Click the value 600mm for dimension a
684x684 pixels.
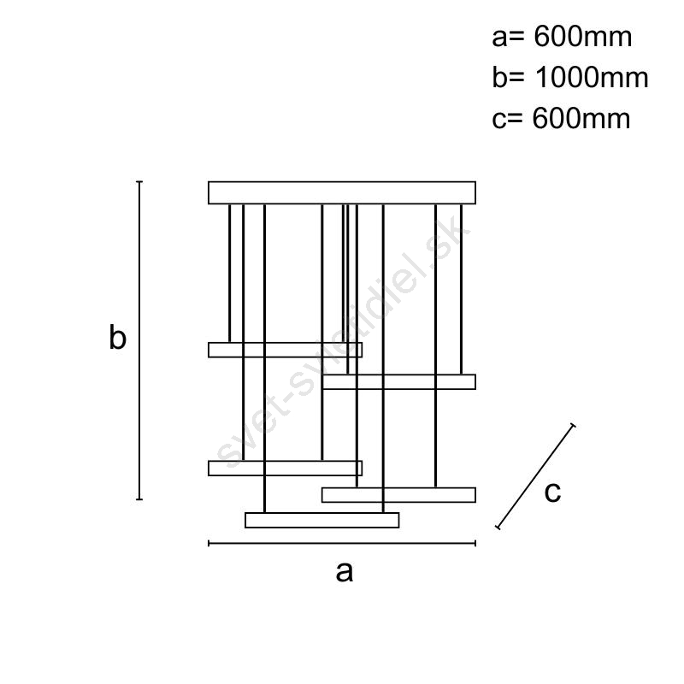pos(583,37)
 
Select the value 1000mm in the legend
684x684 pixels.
pos(592,78)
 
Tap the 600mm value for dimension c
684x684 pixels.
pos(581,118)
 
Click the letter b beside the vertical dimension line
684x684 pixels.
pos(118,337)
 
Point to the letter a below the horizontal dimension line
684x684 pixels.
pos(345,572)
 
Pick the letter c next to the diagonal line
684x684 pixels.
pos(552,492)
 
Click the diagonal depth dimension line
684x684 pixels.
pos(535,476)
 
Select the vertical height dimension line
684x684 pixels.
pos(139,340)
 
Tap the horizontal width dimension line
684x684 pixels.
pos(342,544)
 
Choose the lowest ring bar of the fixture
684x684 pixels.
pos(322,521)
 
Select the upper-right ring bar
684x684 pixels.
pos(398,382)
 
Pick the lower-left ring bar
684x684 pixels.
pos(286,468)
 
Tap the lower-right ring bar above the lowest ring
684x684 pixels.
pos(398,495)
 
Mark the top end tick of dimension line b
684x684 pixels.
pos(139,181)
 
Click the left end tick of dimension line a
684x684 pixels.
pos(209,544)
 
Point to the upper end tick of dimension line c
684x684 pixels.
pos(573,426)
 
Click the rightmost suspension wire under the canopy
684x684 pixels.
pos(461,289)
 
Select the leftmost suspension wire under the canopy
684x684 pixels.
pos(229,274)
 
